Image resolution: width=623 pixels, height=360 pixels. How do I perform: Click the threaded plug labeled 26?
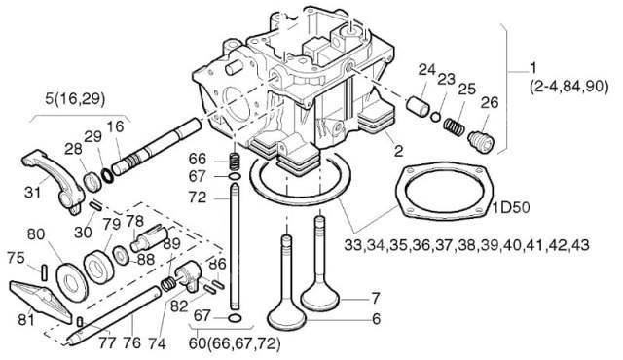tap(481, 141)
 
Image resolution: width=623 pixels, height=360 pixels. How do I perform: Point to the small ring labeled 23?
tap(436, 117)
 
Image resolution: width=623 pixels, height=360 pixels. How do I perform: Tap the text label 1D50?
tap(511, 208)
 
